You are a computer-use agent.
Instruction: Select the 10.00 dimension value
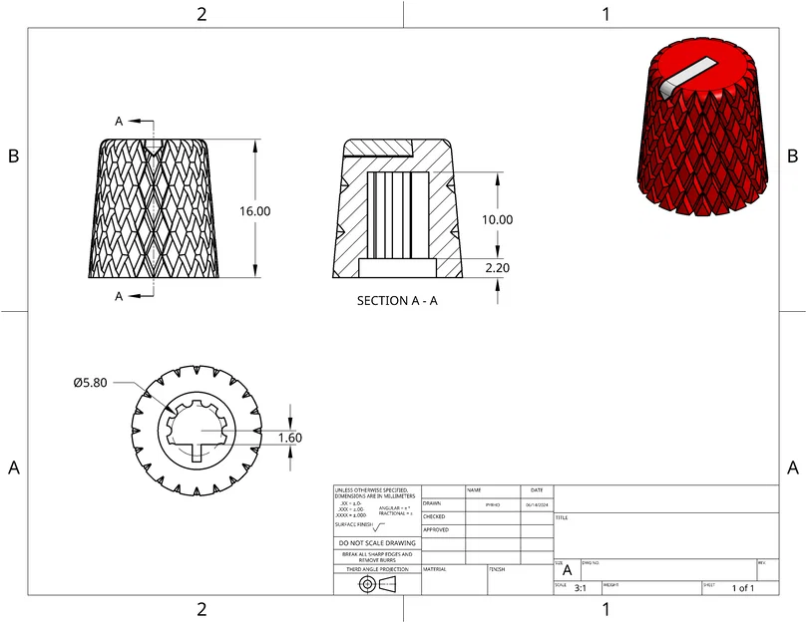coord(498,219)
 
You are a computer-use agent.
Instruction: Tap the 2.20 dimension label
coord(498,268)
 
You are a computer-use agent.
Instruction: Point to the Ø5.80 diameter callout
coord(91,382)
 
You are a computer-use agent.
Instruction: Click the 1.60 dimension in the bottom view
coord(289,437)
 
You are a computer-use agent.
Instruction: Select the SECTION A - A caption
coord(397,300)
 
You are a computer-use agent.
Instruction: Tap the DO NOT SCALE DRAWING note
coord(377,543)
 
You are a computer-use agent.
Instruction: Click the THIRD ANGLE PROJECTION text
coord(377,569)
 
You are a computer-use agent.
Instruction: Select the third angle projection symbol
coord(377,583)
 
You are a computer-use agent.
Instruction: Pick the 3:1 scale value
coord(581,589)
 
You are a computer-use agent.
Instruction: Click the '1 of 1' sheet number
coord(743,589)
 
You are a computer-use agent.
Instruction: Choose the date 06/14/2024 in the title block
coord(537,504)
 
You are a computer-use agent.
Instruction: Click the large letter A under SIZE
coord(568,571)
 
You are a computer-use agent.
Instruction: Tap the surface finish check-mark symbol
coord(378,526)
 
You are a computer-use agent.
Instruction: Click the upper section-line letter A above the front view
coord(119,121)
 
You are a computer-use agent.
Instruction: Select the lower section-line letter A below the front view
coord(119,296)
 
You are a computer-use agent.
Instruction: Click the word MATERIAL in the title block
coord(435,569)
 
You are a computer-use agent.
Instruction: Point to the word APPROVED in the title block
coord(436,530)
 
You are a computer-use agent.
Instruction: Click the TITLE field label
coord(562,518)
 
